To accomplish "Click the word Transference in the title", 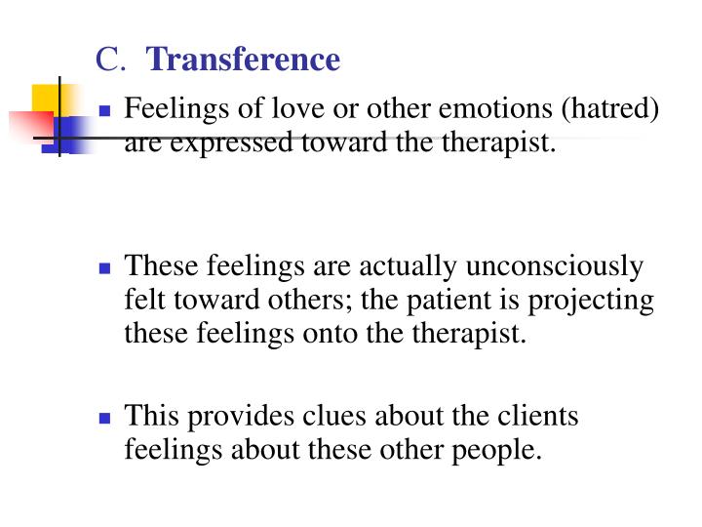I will pyautogui.click(x=245, y=61).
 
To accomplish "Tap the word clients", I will pyautogui.click(x=538, y=417).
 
